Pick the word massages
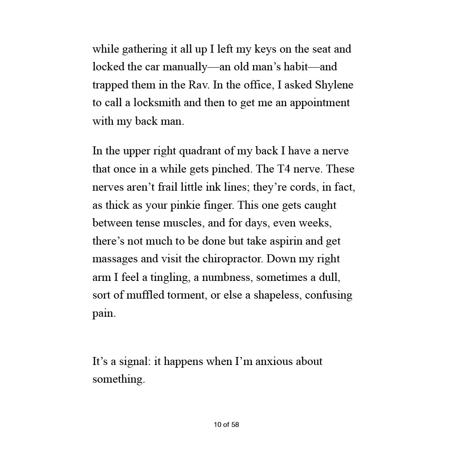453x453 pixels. [x=113, y=259]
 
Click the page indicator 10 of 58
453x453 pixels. [x=226, y=425]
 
